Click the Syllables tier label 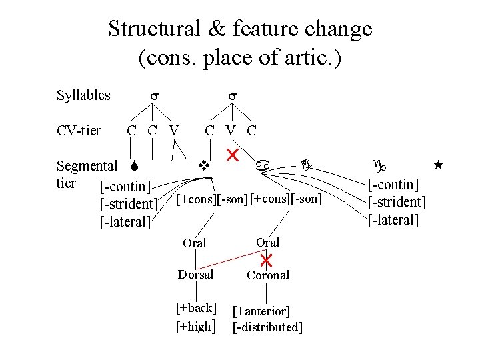click(x=83, y=95)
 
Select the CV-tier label click(x=79, y=130)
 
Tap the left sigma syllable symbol click(x=153, y=96)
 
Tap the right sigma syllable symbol click(x=233, y=96)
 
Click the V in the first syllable click(x=173, y=130)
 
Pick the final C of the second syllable click(x=251, y=130)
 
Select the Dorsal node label click(x=195, y=275)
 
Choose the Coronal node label click(x=268, y=275)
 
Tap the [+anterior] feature click(x=261, y=311)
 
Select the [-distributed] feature click(x=267, y=327)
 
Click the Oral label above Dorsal click(x=195, y=243)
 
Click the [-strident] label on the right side click(x=397, y=202)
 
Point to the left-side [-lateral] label click(x=125, y=222)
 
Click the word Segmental click(x=87, y=165)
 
